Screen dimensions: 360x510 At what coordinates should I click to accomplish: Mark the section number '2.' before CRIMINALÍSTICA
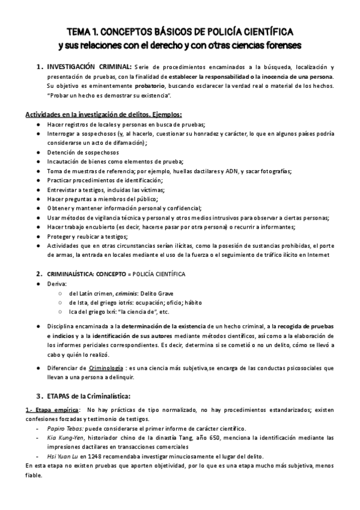(x=40, y=274)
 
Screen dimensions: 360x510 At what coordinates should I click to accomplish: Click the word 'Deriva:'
(x=58, y=283)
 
